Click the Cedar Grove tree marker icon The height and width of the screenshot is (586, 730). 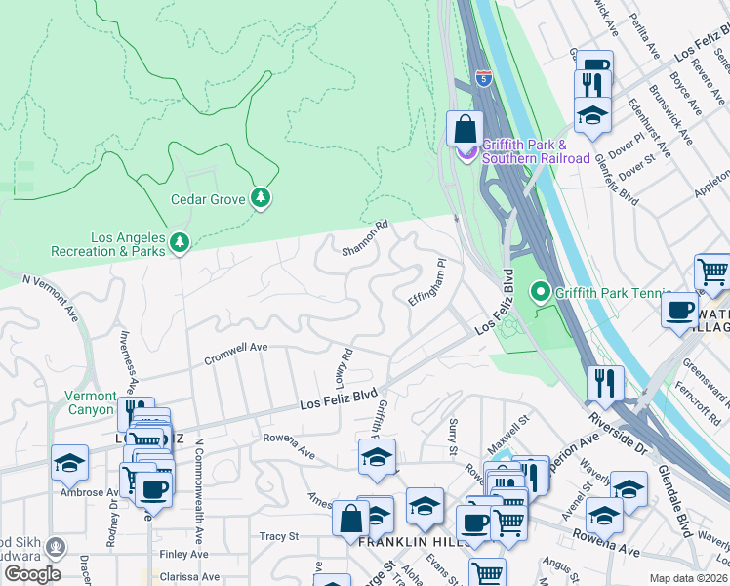tap(260, 199)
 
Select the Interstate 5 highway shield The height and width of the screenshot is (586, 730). tap(483, 77)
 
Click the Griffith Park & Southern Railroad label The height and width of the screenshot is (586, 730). tap(536, 151)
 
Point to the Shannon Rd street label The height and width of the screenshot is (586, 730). tap(366, 238)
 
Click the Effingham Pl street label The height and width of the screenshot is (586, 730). tap(426, 282)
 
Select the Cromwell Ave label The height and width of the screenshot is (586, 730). tap(235, 354)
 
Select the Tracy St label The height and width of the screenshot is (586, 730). tap(278, 536)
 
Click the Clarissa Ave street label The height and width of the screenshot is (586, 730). tap(190, 576)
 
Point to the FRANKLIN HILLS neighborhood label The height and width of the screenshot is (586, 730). tap(399, 541)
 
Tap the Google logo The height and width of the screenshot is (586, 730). tap(32, 574)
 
